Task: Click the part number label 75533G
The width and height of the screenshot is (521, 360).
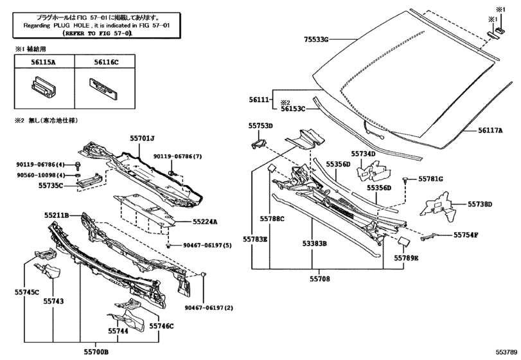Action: [316, 40]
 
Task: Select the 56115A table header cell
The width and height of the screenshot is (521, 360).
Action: [44, 62]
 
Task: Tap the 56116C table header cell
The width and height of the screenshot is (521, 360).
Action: [105, 62]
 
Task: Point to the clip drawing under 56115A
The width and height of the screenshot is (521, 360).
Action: [44, 88]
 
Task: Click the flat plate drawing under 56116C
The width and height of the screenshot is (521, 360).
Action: [103, 89]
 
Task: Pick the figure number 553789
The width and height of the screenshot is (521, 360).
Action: [507, 352]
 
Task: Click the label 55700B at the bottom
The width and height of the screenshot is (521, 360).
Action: [96, 352]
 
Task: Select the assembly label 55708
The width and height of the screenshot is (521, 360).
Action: [320, 279]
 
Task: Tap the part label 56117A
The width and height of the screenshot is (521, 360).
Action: [490, 130]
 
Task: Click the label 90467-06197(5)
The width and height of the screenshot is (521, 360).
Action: [208, 246]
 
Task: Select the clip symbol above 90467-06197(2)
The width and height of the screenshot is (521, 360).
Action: [204, 274]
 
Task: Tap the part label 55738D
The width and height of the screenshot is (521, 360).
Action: [480, 204]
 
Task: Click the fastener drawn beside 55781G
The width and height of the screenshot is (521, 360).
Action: [406, 180]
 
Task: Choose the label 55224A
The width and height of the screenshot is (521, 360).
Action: [205, 222]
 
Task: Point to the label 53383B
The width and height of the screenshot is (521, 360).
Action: [314, 244]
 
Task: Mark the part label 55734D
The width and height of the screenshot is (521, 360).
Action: [363, 154]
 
